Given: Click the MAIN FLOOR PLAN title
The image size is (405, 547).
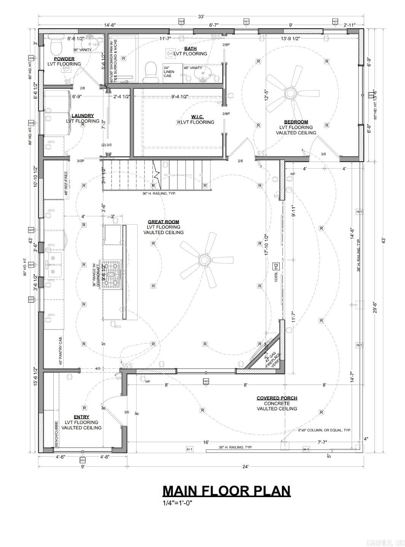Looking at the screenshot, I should pyautogui.click(x=226, y=491).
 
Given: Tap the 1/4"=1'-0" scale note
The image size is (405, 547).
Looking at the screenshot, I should pyautogui.click(x=177, y=503).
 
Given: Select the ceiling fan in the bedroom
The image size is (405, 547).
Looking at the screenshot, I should pyautogui.click(x=292, y=92).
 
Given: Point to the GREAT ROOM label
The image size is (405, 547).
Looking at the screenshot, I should pyautogui.click(x=163, y=222).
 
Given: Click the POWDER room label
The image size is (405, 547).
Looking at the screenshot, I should pyautogui.click(x=64, y=59).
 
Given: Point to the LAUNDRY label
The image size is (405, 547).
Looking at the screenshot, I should pyautogui.click(x=83, y=116).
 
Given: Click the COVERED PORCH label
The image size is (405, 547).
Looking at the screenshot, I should pyautogui.click(x=277, y=398).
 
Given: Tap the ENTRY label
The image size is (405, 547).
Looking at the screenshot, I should pyautogui.click(x=81, y=417).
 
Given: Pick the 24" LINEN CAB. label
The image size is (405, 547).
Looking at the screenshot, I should pyautogui.click(x=169, y=72).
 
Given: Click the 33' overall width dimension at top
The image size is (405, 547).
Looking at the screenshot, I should pyautogui.click(x=201, y=16).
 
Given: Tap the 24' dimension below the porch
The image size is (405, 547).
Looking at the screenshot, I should pyautogui.click(x=245, y=466).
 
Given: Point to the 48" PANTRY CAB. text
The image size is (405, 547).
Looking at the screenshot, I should pyautogui.click(x=61, y=351).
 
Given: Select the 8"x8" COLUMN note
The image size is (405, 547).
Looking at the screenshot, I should pyautogui.click(x=324, y=430).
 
